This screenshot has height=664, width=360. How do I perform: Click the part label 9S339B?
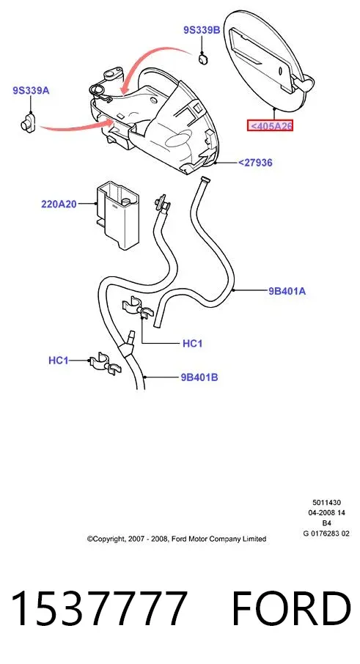point(202,30)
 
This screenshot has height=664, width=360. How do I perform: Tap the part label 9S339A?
point(31,90)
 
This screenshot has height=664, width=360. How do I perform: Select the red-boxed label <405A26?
point(271,126)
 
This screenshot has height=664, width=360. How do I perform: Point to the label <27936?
point(255,162)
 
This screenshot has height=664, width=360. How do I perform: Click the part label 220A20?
point(59,204)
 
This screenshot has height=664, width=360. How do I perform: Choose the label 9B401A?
point(287,291)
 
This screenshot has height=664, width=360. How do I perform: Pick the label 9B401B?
point(199,377)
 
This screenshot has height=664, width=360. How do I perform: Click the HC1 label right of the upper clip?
point(192,344)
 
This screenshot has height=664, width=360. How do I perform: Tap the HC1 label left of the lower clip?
point(59,361)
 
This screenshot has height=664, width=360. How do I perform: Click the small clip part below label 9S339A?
point(29,122)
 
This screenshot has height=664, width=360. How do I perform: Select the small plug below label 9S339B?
point(203,59)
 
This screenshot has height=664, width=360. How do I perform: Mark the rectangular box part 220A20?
point(116,215)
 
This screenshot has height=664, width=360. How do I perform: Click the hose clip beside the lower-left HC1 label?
point(105,364)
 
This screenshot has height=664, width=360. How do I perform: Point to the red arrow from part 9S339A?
point(76,126)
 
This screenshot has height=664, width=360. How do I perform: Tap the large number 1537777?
point(99,608)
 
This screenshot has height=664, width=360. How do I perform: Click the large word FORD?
point(291,608)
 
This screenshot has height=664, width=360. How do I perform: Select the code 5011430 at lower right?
point(326,503)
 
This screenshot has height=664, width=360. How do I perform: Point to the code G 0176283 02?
point(326,534)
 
